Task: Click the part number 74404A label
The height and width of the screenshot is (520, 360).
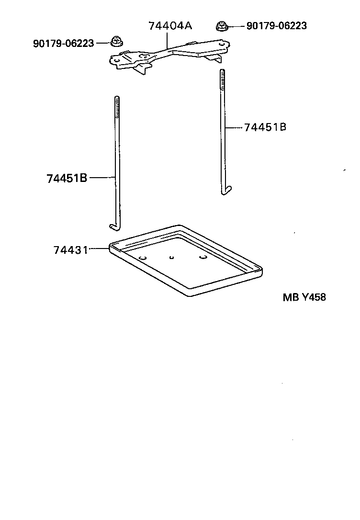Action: click(170, 26)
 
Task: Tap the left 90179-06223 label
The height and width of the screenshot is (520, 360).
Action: click(63, 43)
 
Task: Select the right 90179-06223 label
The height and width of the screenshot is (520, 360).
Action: click(276, 26)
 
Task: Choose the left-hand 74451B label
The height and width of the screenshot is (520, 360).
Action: click(67, 178)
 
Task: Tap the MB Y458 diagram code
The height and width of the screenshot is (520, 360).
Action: click(304, 297)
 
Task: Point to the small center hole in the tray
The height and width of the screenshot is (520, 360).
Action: click(170, 257)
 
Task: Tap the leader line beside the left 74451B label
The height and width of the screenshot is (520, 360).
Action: click(102, 178)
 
